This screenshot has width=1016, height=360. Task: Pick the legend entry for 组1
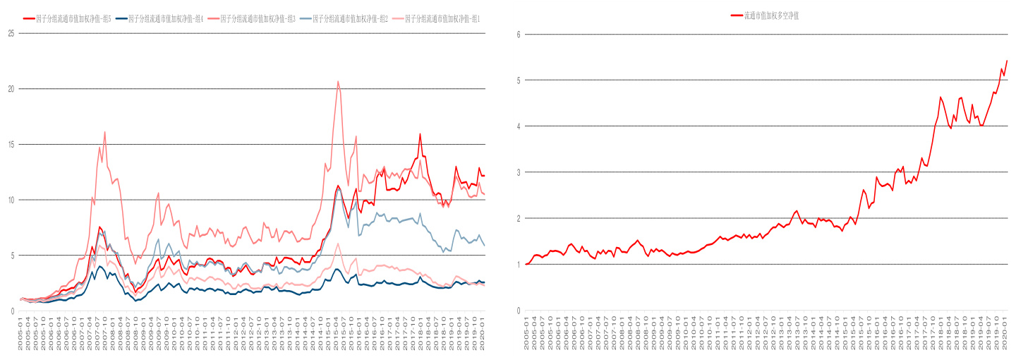pos(442,18)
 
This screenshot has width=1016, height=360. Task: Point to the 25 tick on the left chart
pos(11,34)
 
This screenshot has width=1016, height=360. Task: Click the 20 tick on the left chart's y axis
pos(11,89)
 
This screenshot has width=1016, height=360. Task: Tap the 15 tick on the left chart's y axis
pos(11,144)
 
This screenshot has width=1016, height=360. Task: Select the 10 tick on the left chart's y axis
pos(11,200)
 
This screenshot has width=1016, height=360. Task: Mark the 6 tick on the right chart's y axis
pos(518,34)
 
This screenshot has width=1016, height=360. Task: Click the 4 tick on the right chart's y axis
pos(518,126)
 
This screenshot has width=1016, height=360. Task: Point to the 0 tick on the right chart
pos(518,311)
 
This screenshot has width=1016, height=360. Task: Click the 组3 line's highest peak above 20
pos(338,81)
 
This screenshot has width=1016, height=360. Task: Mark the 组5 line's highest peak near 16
pos(420,134)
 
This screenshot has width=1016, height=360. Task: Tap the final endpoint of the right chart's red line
pos(1007,61)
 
